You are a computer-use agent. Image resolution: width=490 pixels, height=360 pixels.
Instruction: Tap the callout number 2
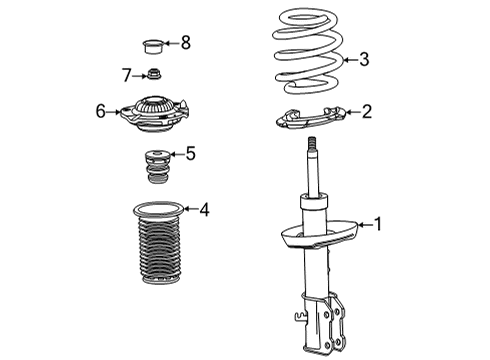tap(367, 112)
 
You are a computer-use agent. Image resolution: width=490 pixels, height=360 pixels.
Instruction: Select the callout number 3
tap(364, 60)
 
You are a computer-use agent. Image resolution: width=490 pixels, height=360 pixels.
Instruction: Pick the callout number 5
tap(191, 154)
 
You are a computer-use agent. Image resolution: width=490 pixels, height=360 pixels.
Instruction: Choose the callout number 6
tap(101, 112)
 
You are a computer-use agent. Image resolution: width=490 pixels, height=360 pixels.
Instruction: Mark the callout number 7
tap(127, 75)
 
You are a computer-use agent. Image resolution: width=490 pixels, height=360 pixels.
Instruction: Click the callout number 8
tap(184, 42)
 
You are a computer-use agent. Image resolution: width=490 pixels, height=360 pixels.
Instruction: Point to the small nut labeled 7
tap(153, 74)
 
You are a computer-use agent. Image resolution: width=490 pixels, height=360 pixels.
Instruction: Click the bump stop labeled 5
tap(154, 166)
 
